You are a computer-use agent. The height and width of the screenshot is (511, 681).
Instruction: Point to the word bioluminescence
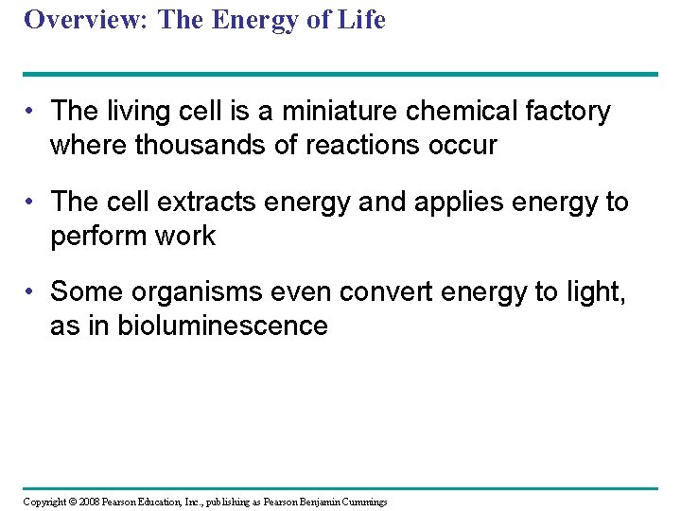(222, 326)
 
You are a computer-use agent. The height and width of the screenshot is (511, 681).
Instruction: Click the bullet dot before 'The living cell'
(31, 113)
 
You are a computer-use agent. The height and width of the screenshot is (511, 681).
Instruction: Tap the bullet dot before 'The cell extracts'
(31, 203)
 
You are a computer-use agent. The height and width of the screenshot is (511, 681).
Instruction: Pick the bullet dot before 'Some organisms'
(31, 293)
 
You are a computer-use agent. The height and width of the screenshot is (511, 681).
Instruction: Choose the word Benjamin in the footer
(311, 502)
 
